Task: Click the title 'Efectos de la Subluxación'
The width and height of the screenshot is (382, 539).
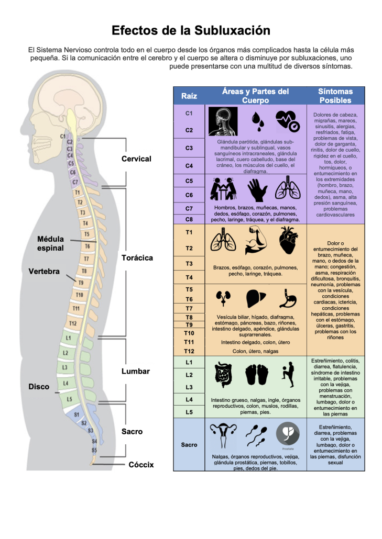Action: point(191,30)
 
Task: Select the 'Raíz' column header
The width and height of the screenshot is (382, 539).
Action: point(189,96)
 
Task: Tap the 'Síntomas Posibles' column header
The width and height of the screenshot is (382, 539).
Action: point(335,96)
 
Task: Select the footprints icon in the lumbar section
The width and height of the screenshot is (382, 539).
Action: point(257,375)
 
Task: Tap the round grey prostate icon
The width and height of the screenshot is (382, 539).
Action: point(287,434)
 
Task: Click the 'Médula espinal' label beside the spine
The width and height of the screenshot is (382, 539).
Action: point(50,243)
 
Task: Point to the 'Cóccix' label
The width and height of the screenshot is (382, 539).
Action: point(141,465)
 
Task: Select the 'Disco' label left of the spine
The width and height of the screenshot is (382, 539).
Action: point(39,387)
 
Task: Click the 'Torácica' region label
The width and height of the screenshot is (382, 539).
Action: point(137,258)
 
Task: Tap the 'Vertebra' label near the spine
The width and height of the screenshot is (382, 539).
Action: point(44,272)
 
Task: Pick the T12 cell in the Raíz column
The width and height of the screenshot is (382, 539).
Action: point(189,351)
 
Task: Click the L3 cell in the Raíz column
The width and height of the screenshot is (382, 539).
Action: point(189,387)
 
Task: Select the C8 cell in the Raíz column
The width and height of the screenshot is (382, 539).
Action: point(189,219)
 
